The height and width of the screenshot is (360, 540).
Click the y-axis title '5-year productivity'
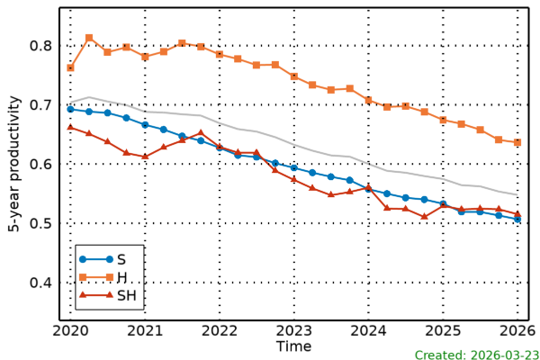(15, 165)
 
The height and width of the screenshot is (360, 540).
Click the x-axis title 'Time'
(293, 346)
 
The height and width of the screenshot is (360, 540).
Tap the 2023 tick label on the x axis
(293, 330)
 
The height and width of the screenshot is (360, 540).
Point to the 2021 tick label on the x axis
(145, 330)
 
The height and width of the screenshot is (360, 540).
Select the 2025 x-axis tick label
(443, 330)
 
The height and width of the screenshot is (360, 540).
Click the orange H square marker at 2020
(70, 67)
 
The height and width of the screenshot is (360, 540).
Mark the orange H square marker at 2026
(517, 142)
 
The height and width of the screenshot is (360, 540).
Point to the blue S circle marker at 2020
(70, 109)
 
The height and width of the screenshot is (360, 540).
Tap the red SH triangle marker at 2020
(70, 127)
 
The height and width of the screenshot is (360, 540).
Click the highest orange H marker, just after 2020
(89, 38)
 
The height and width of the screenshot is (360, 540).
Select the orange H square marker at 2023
(293, 76)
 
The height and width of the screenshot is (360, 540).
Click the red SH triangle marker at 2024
(368, 187)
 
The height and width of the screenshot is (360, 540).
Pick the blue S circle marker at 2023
(293, 167)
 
